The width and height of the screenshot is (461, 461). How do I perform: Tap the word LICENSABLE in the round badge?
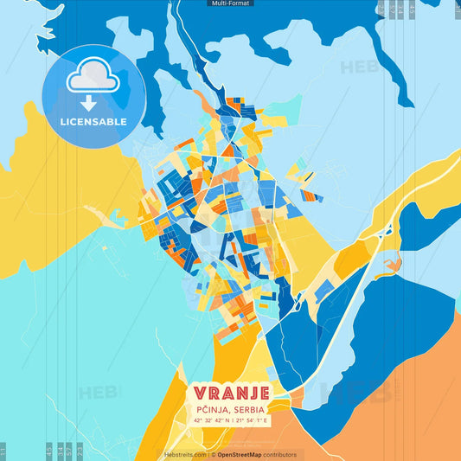point(93,122)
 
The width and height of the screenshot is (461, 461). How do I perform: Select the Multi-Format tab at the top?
point(230,3)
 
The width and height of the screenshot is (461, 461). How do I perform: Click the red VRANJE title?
point(231,392)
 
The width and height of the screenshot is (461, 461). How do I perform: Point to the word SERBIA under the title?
point(251,409)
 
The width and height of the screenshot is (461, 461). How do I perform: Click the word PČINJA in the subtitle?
point(214,409)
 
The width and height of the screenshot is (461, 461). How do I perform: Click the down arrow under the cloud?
point(93,102)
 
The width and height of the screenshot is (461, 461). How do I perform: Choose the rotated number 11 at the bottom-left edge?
point(3,449)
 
